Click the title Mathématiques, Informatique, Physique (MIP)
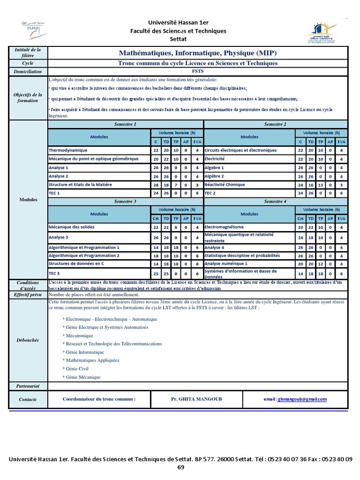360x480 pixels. point(197,52)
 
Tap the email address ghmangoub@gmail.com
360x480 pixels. point(302,399)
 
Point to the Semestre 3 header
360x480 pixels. point(125,202)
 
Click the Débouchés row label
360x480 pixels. point(28,340)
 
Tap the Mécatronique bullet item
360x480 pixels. point(79,336)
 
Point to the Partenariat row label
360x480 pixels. point(28,386)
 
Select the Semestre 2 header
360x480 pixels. point(275,125)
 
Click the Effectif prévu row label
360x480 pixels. point(28,295)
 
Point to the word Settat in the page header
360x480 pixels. point(180,38)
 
